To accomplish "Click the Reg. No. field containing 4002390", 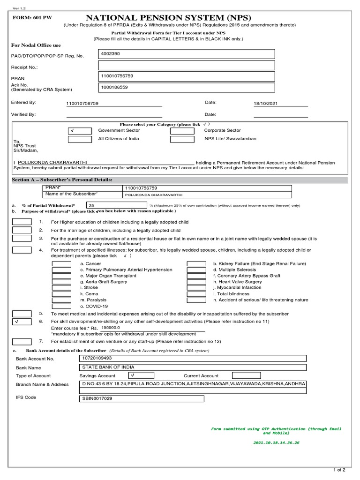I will click(187, 54).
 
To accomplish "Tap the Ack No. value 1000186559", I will click(187, 87).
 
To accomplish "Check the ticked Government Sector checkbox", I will click(79, 131).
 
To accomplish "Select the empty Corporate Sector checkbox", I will click(182, 131).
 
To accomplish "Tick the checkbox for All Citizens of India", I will click(79, 139).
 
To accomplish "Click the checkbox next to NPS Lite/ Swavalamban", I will click(182, 139).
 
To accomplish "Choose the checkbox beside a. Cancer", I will click(61, 264).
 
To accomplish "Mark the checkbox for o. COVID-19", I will click(61, 306).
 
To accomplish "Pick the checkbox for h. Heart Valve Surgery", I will click(196, 282).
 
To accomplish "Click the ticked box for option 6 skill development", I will click(22, 322).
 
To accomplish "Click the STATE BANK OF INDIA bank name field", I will click(193, 367).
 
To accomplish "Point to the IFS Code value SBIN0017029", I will click(142, 399).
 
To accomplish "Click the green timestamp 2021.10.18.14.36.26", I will click(276, 442).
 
